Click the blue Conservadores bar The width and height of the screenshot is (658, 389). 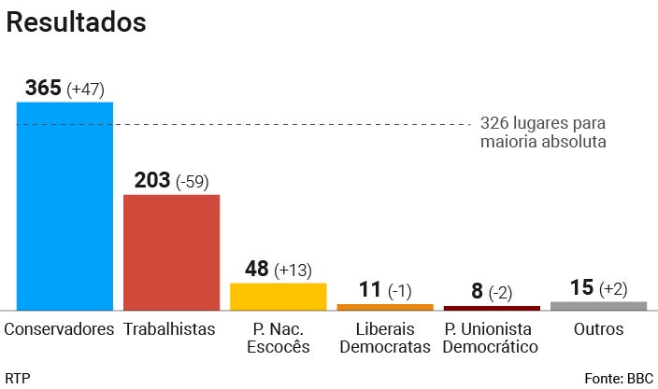(64, 205)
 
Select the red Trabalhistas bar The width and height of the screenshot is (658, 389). (171, 252)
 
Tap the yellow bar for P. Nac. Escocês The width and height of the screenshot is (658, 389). (278, 296)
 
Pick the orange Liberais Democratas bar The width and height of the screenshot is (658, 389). (385, 306)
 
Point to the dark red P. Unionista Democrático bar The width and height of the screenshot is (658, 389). (492, 307)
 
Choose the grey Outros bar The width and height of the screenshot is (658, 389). (598, 305)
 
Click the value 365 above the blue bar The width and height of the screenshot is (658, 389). (43, 89)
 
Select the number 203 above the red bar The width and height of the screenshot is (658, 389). (151, 180)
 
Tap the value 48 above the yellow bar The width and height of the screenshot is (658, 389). (256, 269)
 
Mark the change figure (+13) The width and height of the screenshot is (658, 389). (293, 271)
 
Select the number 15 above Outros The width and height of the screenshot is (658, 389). (581, 287)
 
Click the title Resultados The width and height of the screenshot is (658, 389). (77, 22)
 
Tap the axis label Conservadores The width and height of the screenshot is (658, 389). (59, 329)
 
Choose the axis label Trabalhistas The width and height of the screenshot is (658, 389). (169, 329)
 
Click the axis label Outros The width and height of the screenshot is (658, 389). (598, 329)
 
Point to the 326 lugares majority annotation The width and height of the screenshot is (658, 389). (543, 132)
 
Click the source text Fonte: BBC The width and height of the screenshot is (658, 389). (619, 378)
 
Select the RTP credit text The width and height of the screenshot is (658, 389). (17, 378)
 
